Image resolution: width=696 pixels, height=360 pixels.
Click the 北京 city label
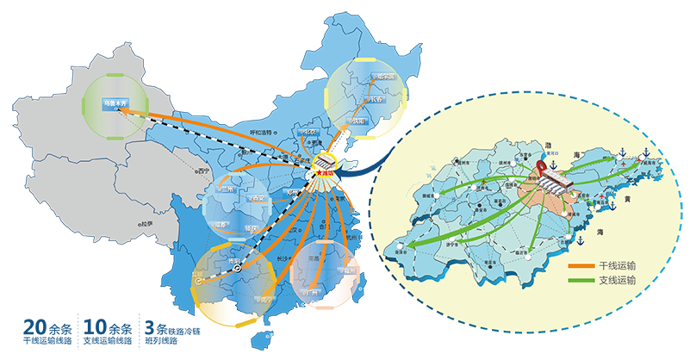click(x=308, y=134)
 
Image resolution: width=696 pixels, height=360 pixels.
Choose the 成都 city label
click(x=221, y=226)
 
